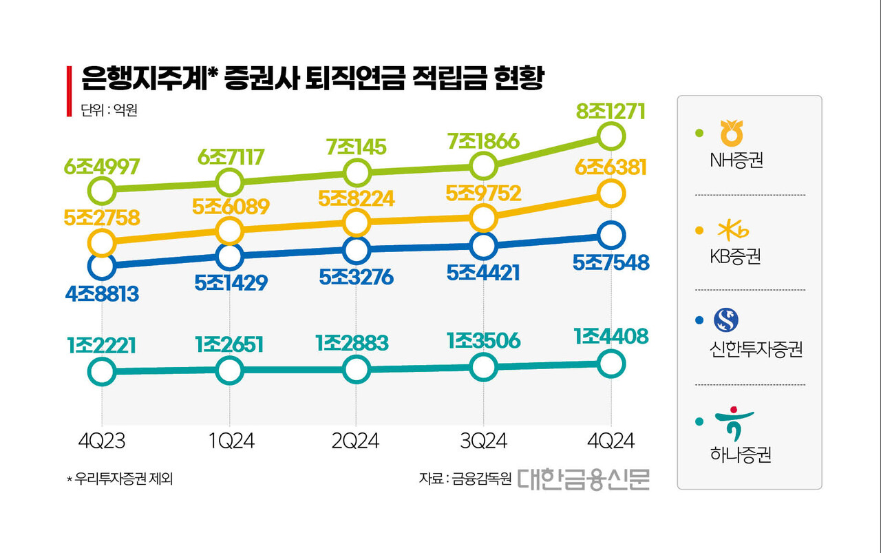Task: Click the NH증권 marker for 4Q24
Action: pos(611,136)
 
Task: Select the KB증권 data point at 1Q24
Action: pos(229,229)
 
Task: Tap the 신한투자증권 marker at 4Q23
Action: pos(102,265)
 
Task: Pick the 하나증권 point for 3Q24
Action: pos(483,367)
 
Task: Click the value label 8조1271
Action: pos(611,111)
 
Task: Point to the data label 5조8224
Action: pos(357,198)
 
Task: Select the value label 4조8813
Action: pos(102,294)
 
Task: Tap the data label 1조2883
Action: pos(357,342)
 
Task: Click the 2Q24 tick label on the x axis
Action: pos(356,441)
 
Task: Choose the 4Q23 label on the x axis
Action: pos(102,441)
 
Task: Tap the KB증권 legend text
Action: pos(735,257)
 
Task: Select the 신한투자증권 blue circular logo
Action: pos(725,319)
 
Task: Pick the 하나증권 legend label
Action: pos(740,455)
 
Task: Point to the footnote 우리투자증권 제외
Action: pos(123,479)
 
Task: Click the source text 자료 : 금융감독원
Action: pos(465,479)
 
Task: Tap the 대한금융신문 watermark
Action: pos(583,478)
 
